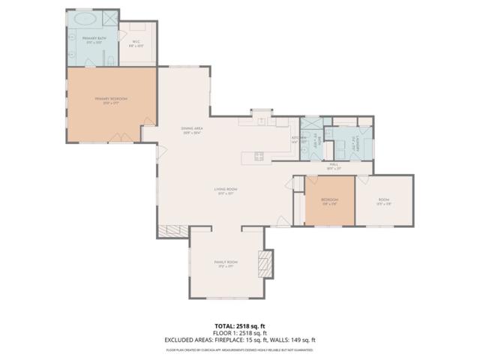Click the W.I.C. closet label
click(x=136, y=44)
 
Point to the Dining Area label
click(x=192, y=130)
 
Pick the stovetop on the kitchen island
click(x=259, y=157)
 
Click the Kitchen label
click(x=296, y=139)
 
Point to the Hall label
click(x=334, y=166)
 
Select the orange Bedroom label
click(x=329, y=201)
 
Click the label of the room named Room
click(x=383, y=201)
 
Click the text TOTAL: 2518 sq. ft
click(x=240, y=325)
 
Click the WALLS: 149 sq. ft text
click(x=296, y=340)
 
